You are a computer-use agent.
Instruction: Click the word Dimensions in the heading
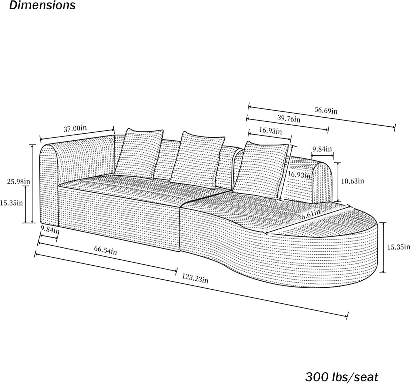(42, 5)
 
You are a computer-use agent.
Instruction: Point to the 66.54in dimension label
(105, 250)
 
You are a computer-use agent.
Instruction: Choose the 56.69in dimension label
(326, 110)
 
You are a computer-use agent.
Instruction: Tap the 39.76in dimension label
(289, 119)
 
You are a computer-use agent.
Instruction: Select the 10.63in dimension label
(352, 181)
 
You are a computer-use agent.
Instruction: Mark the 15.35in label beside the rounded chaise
(398, 247)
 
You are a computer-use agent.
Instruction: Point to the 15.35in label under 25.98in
(11, 203)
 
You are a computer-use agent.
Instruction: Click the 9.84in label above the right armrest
(322, 149)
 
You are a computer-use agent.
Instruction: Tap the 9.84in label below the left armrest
(50, 229)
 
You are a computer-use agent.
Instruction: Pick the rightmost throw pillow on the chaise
(260, 170)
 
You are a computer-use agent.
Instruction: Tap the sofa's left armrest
(49, 184)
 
